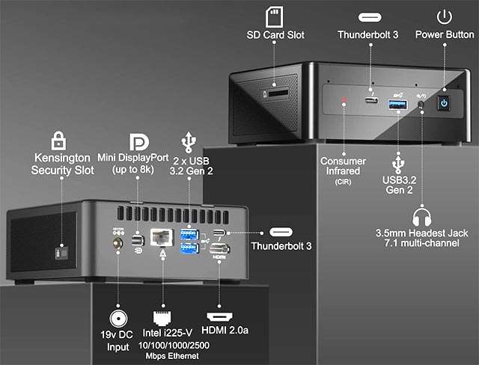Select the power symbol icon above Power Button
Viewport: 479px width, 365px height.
click(444, 16)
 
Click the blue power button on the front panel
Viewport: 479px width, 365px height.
click(443, 103)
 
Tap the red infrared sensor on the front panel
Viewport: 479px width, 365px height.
click(345, 101)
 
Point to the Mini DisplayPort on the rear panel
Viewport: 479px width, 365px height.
click(137, 241)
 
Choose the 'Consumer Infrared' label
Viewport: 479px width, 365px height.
click(343, 166)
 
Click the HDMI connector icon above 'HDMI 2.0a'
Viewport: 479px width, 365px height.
click(219, 316)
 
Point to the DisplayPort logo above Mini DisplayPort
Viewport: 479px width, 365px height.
click(138, 143)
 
